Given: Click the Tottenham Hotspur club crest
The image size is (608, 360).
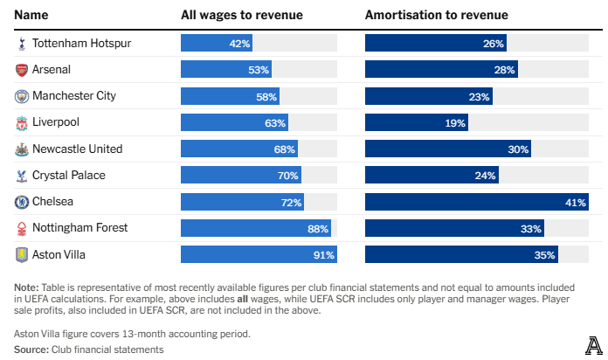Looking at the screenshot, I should pos(21,44).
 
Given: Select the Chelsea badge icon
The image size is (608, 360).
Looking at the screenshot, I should pos(21,202).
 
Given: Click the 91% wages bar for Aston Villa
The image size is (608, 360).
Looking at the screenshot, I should pos(259,254).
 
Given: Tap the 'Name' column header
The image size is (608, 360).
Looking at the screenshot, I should pos(31,15).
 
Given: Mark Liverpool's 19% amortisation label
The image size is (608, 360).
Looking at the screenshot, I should pos(455,123).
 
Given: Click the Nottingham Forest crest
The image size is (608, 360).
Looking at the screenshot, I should pos(21,228).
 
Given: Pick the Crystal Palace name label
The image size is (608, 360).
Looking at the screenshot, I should pos(69,176).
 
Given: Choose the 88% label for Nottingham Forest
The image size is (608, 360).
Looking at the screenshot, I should pos(318,228).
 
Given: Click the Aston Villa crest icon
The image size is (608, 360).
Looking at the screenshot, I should pos(21,254).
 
